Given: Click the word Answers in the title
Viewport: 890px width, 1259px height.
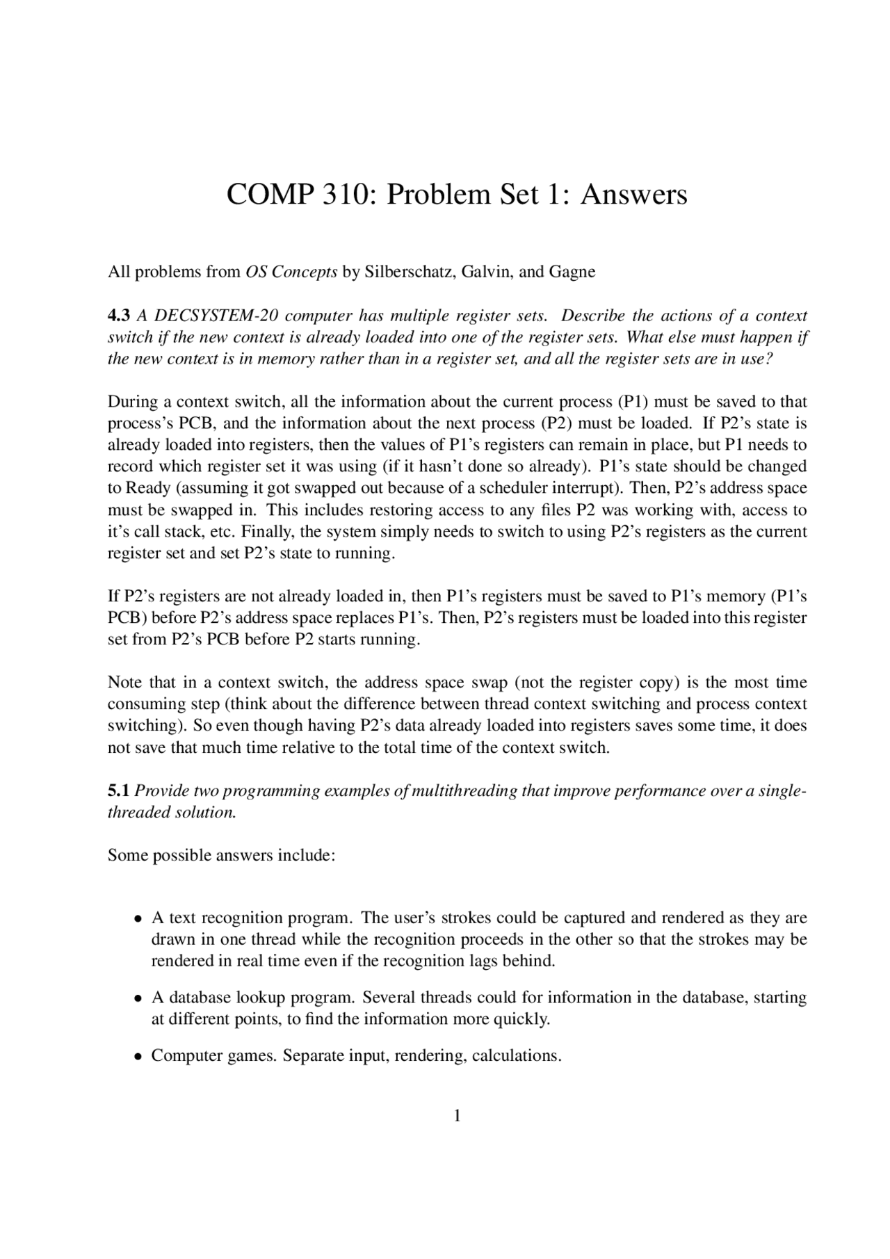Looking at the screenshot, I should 633,194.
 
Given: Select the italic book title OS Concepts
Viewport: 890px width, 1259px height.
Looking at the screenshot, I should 291,272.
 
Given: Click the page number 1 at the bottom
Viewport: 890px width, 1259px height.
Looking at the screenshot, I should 457,1116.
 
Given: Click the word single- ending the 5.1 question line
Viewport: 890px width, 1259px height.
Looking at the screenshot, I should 781,791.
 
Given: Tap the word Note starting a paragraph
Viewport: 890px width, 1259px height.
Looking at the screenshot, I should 124,683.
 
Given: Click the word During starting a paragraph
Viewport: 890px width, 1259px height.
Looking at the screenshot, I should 131,402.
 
